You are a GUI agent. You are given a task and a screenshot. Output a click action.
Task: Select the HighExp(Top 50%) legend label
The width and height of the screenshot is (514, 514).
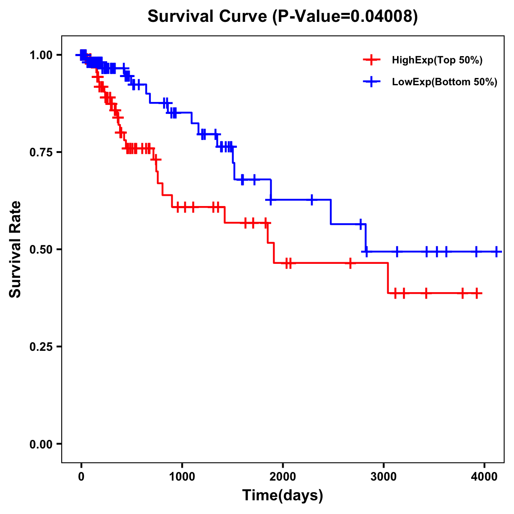(x=437, y=60)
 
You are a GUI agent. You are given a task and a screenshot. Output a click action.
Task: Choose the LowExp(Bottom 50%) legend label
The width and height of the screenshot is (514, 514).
(x=445, y=82)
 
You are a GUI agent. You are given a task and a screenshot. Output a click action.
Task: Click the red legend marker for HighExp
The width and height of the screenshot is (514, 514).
(x=371, y=60)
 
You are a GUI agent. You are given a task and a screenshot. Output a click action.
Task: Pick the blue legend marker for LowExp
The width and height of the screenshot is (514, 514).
(x=371, y=82)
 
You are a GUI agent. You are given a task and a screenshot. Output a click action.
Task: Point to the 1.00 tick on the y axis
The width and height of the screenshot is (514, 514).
(x=41, y=55)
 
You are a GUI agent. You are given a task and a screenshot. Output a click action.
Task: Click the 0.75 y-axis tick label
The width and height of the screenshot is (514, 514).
(x=41, y=152)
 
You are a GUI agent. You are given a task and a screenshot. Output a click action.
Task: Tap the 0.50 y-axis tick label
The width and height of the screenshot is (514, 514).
(x=41, y=249)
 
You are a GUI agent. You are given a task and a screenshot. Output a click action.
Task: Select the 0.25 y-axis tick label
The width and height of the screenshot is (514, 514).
(x=41, y=347)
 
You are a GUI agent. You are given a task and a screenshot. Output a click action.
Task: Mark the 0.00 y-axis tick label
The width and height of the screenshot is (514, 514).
(x=41, y=444)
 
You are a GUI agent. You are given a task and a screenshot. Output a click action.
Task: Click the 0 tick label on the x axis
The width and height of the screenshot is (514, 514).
(x=81, y=477)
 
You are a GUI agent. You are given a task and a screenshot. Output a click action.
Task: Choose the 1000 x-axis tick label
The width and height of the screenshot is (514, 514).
(x=182, y=477)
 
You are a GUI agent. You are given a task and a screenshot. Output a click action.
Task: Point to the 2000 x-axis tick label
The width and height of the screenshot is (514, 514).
(x=283, y=477)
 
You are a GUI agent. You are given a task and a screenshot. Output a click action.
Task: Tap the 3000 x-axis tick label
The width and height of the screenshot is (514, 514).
(x=383, y=477)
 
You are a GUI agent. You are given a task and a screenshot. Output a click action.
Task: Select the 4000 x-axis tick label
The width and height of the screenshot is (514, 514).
(x=484, y=477)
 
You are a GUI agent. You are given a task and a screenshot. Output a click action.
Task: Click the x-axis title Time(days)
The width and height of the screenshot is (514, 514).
(x=283, y=496)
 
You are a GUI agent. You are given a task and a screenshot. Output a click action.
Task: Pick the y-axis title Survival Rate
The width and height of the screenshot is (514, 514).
(x=15, y=249)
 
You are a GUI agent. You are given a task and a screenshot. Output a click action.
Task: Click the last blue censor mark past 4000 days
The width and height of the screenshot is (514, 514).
(x=496, y=252)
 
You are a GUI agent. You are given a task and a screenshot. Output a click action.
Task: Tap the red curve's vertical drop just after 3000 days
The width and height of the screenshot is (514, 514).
(x=388, y=278)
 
